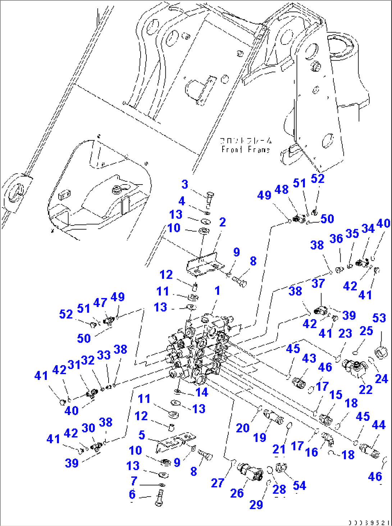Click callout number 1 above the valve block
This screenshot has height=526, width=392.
tap(217, 290)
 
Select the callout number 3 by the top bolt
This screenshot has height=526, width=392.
tap(184, 184)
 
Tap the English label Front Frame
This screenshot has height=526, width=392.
tap(246, 149)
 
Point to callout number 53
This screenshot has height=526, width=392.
tap(379, 318)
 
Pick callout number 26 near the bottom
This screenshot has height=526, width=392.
tap(237, 493)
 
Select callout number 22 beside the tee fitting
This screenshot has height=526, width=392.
tap(366, 389)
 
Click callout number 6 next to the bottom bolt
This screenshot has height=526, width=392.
tap(132, 494)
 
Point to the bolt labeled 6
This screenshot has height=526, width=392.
tap(159, 499)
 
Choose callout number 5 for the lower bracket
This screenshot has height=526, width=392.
tap(142, 435)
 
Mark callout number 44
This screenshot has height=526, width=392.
tap(378, 425)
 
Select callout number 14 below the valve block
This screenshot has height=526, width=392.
tap(202, 392)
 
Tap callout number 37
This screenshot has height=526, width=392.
tap(318, 283)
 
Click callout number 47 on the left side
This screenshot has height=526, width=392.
tap(100, 303)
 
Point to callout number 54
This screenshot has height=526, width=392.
tap(299, 485)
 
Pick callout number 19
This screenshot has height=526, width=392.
tap(260, 437)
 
